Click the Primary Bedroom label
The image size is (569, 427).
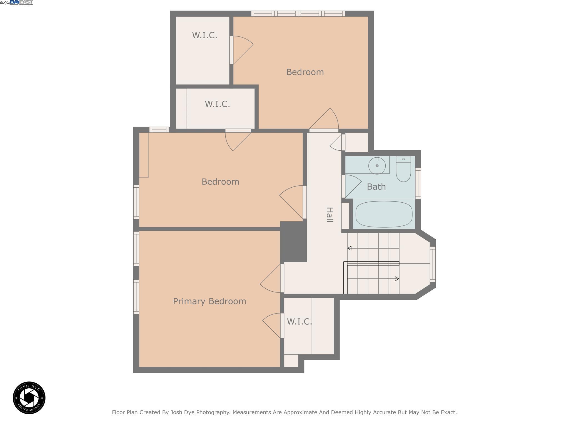click(x=209, y=301)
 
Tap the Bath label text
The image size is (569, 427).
click(x=376, y=187)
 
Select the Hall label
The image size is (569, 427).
click(x=330, y=215)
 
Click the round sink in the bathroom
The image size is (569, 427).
click(x=377, y=166)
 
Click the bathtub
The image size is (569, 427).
click(x=384, y=214)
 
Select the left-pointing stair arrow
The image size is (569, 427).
click(x=350, y=248)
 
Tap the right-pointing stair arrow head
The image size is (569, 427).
click(x=397, y=279)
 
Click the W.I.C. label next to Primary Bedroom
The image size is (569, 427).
click(x=299, y=322)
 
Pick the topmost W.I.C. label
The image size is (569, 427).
click(x=204, y=35)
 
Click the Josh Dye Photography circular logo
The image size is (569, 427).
click(x=29, y=398)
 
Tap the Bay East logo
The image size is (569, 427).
click(x=21, y=3)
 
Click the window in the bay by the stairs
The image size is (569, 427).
click(x=433, y=264)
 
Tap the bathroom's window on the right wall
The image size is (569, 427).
click(x=418, y=183)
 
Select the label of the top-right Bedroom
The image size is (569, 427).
click(x=305, y=72)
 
